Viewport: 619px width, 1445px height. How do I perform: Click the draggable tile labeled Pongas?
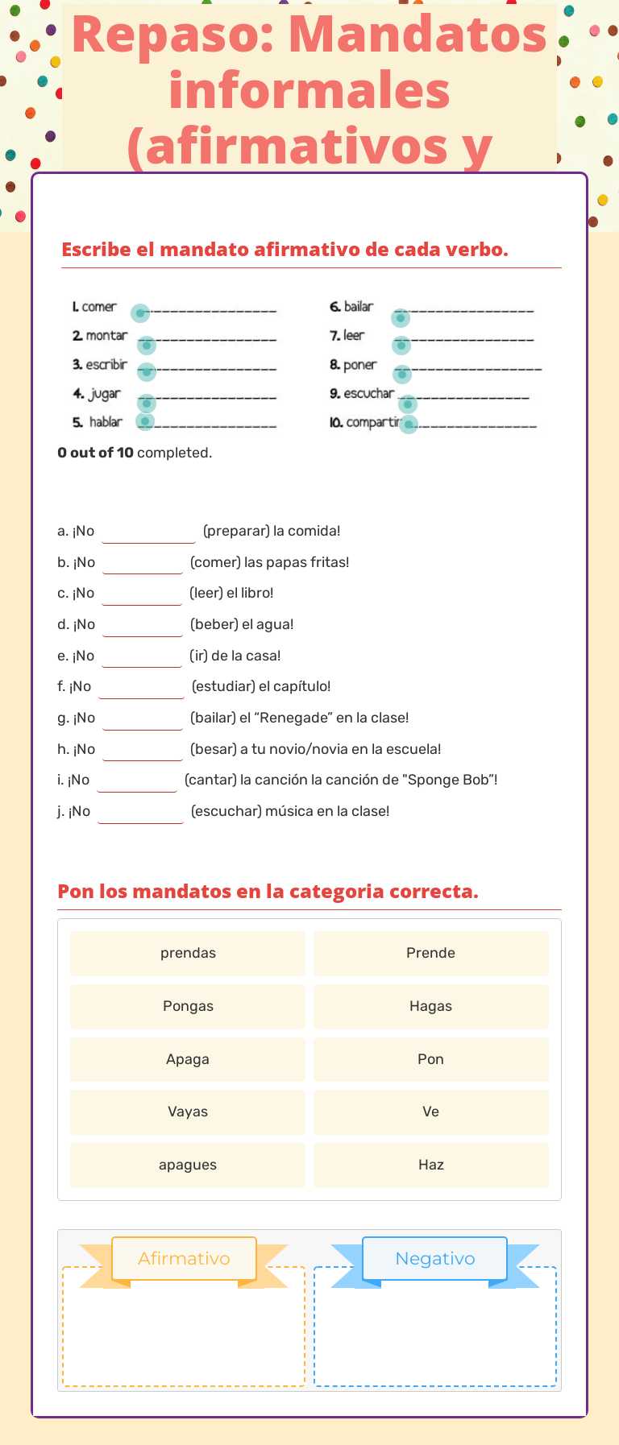point(188,1006)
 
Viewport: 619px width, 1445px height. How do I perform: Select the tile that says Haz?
point(430,1165)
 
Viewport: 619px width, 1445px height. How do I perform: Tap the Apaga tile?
point(188,1059)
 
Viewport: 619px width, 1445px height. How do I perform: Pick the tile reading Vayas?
point(188,1112)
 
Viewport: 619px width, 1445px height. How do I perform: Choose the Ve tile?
point(430,1112)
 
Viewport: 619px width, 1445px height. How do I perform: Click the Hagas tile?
point(430,1006)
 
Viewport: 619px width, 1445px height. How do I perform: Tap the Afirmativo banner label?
point(184,1258)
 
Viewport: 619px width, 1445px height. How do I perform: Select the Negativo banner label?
point(434,1258)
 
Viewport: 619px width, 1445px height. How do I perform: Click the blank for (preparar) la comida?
point(148,532)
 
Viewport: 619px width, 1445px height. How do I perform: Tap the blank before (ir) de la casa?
point(142,657)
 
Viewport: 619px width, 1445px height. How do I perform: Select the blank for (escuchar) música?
point(140,813)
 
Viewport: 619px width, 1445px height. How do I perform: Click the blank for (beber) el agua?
point(143,626)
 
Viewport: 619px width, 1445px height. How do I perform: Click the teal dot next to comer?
point(140,313)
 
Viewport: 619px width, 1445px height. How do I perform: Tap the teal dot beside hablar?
point(145,421)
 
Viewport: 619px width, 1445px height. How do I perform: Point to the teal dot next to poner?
point(402,374)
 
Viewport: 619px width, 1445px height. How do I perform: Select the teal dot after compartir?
point(409,424)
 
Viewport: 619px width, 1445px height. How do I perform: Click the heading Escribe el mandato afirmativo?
point(285,250)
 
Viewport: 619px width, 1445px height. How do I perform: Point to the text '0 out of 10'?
point(95,453)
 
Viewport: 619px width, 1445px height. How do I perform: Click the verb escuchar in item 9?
point(368,393)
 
